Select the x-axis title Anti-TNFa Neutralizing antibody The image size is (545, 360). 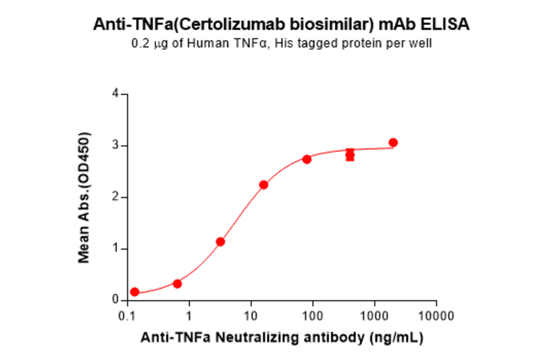tap(282, 337)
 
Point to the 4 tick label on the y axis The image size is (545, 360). tap(115, 95)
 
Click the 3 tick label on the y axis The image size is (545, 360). tap(115, 146)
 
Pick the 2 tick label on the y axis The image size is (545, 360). tap(115, 198)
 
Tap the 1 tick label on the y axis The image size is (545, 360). tap(115, 249)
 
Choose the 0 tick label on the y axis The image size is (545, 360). tap(115, 300)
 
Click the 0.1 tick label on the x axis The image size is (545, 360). tap(127, 316)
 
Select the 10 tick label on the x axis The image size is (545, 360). tap(251, 316)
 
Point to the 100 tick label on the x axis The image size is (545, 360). tap(312, 316)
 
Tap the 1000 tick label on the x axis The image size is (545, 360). tap(374, 316)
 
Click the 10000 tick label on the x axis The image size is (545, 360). tap(436, 316)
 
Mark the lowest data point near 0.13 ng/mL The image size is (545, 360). tap(134, 292)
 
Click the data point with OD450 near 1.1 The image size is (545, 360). tap(220, 242)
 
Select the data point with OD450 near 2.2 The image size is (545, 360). tap(263, 185)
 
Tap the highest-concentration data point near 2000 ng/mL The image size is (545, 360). tap(393, 142)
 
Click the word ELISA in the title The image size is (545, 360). tap(448, 25)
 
